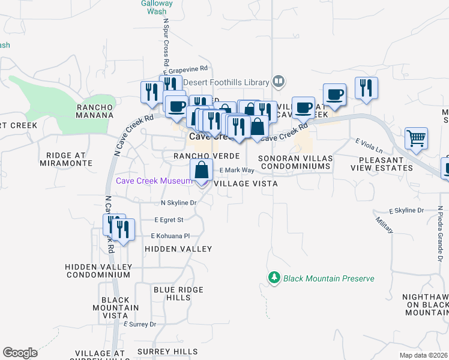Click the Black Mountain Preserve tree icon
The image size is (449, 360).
coord(274,278)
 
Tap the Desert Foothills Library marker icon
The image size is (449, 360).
coord(278,81)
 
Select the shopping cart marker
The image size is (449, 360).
coord(415,139)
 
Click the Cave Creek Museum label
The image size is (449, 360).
coord(154,181)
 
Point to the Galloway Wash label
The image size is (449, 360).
coord(157,7)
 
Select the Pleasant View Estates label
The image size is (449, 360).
coord(386,164)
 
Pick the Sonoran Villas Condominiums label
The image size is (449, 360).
coord(295,163)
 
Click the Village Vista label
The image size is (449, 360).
coord(246,184)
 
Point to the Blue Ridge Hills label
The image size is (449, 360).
coord(172,293)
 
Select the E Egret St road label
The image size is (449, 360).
coord(169,220)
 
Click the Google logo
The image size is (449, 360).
coord(20,353)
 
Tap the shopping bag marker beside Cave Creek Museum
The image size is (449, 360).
coord(201,171)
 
